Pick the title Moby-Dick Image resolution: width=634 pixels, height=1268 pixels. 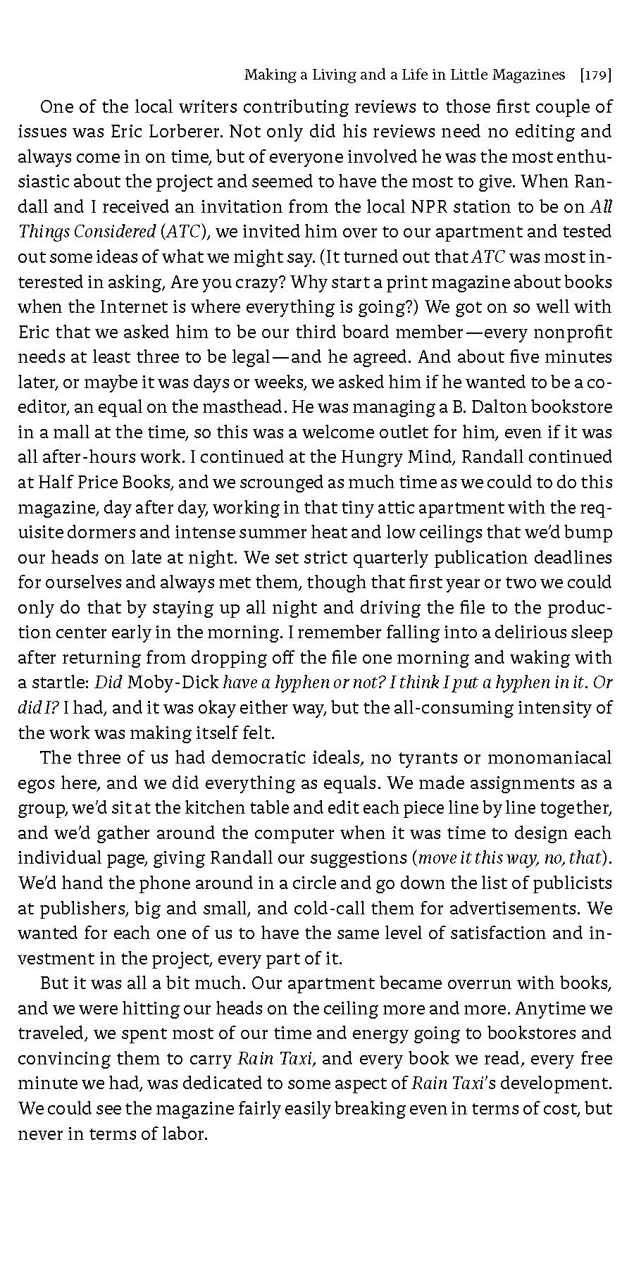174,683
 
